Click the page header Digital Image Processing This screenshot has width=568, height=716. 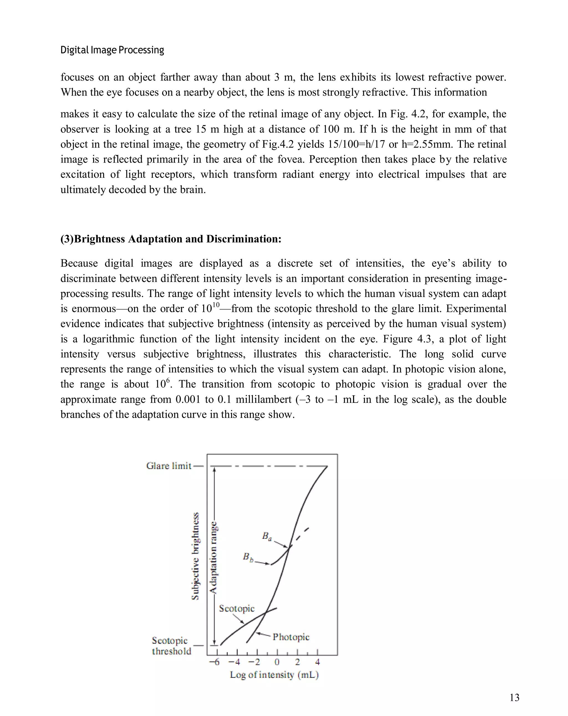coord(112,50)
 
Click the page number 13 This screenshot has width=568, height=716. coord(514,697)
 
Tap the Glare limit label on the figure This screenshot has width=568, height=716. coord(169,466)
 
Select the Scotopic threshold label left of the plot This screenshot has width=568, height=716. coord(171,646)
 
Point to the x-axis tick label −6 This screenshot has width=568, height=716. coord(214,662)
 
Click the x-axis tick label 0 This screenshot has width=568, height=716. coord(277,662)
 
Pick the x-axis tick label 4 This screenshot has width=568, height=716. coord(317,662)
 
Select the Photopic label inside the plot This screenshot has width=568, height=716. coord(291,637)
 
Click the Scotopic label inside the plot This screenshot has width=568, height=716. coord(237,608)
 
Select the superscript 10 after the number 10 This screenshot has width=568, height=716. coord(216,305)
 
